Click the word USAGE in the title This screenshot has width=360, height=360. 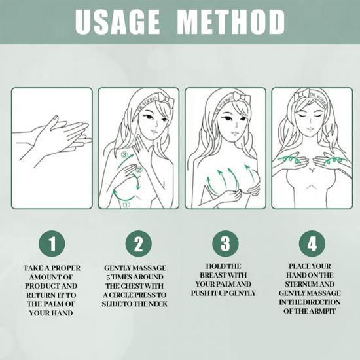[x=117, y=22]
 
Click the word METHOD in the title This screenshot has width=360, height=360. [x=231, y=22]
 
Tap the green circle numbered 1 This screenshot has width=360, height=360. [x=52, y=243]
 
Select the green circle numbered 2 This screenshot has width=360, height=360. [x=139, y=243]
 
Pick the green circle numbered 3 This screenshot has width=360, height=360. [x=225, y=243]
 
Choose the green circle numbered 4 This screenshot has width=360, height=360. [x=312, y=243]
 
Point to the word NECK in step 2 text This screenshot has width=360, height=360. [x=158, y=304]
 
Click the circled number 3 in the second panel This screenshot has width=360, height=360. [x=124, y=154]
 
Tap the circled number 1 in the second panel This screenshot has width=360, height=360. [x=126, y=204]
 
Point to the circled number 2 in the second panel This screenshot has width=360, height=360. [x=139, y=170]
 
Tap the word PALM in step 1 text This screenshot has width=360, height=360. [x=52, y=304]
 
